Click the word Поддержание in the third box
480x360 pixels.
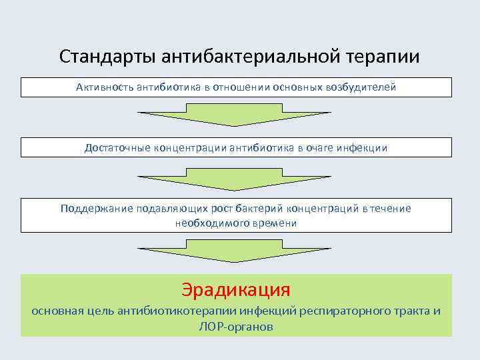click(x=96, y=208)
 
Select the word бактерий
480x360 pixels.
click(x=265, y=208)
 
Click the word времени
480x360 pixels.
click(x=274, y=223)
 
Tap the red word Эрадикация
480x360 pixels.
click(x=236, y=290)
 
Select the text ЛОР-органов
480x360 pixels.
click(x=236, y=327)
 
